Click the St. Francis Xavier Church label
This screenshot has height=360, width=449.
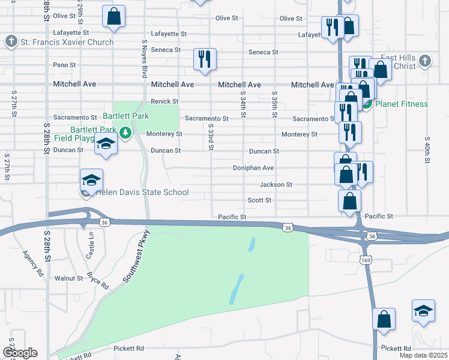[67, 42]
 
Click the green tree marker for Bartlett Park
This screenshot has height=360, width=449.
[125, 132]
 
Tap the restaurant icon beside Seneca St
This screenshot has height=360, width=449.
[205, 59]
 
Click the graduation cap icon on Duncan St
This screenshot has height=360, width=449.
[106, 145]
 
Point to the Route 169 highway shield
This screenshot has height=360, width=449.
[365, 260]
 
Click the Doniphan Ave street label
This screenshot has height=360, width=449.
[253, 168]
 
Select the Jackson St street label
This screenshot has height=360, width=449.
[276, 185]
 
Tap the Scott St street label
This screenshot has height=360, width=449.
[260, 200]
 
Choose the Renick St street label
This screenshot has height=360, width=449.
[165, 101]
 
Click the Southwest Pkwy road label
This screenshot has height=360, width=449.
[135, 257]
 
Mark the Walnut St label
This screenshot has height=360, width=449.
[68, 278]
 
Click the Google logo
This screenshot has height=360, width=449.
[20, 353]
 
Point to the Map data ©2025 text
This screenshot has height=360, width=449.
[423, 356]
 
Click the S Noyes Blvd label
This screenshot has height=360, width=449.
[144, 60]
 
